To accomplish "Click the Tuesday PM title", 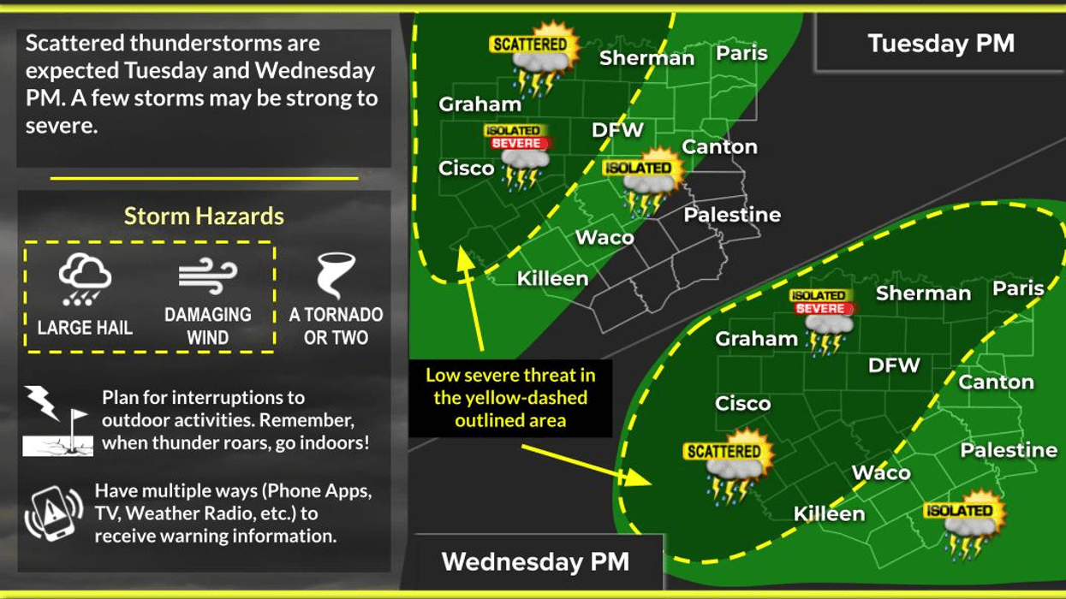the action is coord(940,44).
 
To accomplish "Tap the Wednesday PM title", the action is coord(535,562).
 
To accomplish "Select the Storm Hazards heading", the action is coord(204,216).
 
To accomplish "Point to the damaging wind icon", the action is coord(207,276).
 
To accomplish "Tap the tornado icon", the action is coord(335,276).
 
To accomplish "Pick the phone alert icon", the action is coord(53,513).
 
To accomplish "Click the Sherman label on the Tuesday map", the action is coord(646,58).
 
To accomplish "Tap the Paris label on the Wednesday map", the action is coord(1018,288).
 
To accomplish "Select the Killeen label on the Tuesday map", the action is coord(552,278).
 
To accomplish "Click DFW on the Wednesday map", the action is coord(894,365).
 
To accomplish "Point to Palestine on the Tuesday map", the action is coord(732,215).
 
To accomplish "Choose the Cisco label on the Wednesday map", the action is coord(742,403).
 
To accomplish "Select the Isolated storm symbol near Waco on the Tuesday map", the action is coord(641,185).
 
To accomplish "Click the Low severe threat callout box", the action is coord(509,397).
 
